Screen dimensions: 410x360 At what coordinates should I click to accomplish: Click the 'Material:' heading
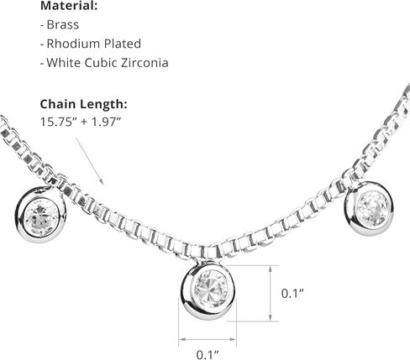click(69, 6)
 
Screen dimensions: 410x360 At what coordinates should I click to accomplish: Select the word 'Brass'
click(63, 24)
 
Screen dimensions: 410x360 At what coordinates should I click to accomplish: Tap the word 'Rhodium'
click(74, 44)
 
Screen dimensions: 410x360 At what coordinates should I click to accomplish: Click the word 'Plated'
click(123, 44)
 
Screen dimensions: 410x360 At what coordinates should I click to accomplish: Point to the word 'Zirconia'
click(145, 63)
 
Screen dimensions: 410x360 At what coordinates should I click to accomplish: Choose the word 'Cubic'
click(101, 63)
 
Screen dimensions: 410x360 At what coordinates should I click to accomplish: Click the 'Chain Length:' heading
click(84, 104)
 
